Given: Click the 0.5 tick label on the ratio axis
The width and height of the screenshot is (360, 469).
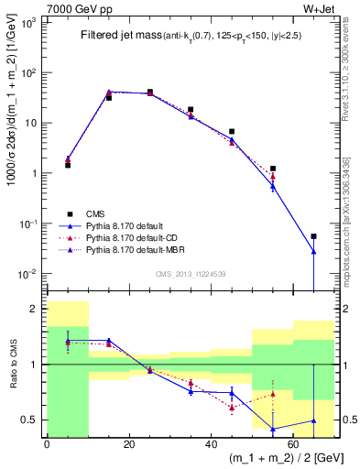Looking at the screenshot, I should tap(31, 420).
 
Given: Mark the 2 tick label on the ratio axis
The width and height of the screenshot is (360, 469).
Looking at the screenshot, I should tap(37, 309).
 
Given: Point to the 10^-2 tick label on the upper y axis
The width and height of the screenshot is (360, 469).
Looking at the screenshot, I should tap(30, 274).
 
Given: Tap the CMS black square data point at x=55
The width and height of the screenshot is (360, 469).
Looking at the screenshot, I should tap(273, 169).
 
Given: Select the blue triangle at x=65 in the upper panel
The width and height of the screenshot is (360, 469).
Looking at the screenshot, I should tap(313, 251).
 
